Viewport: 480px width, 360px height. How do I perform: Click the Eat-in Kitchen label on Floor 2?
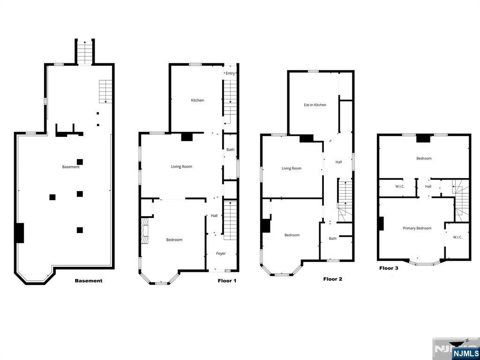tap(315, 105)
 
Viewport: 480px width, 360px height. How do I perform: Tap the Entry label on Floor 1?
tap(230, 73)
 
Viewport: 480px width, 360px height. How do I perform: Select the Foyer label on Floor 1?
tap(221, 254)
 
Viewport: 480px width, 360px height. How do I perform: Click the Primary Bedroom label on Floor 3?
tap(417, 228)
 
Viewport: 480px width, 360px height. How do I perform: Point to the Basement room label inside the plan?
tap(71, 167)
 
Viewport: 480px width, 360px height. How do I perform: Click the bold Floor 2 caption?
tap(333, 279)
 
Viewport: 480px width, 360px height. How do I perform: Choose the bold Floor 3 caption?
tap(389, 268)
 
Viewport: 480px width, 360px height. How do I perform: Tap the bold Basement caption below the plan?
tap(89, 281)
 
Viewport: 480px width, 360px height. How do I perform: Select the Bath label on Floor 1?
tap(230, 150)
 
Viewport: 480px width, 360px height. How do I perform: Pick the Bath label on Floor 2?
tap(332, 239)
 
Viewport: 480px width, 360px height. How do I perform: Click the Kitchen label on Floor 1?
tap(197, 100)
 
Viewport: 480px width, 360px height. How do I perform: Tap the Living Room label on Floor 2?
tap(292, 169)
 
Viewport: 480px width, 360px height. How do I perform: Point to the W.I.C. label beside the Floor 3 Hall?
tap(400, 187)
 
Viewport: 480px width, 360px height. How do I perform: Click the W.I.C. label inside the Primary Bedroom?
tap(457, 237)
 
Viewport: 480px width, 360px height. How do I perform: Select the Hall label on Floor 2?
tap(338, 162)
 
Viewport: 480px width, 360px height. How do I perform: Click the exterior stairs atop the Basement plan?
tap(85, 52)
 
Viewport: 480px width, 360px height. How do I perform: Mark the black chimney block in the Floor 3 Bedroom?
tap(424, 138)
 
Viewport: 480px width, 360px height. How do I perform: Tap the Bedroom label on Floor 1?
tap(174, 240)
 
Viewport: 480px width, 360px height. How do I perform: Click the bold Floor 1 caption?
tap(227, 281)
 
